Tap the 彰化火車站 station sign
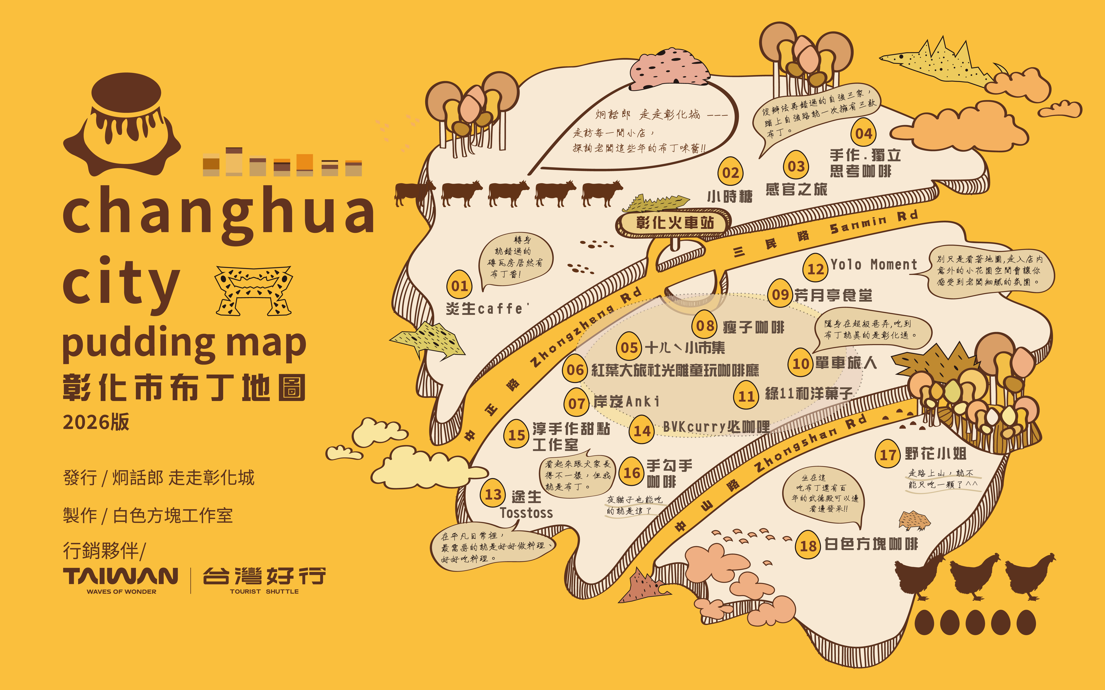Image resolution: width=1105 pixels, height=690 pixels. pyautogui.click(x=674, y=223)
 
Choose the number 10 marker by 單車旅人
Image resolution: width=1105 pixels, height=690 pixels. pyautogui.click(x=800, y=363)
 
